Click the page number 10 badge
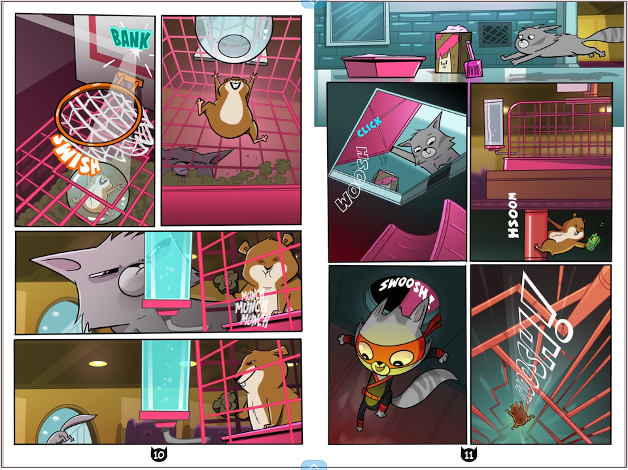[x=158, y=454]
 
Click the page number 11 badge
[x=468, y=454]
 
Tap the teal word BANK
[x=131, y=38]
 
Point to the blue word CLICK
[x=369, y=126]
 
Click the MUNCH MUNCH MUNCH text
[x=253, y=307]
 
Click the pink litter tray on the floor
[x=383, y=65]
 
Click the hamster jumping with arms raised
[x=231, y=107]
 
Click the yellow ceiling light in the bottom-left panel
[x=98, y=364]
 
